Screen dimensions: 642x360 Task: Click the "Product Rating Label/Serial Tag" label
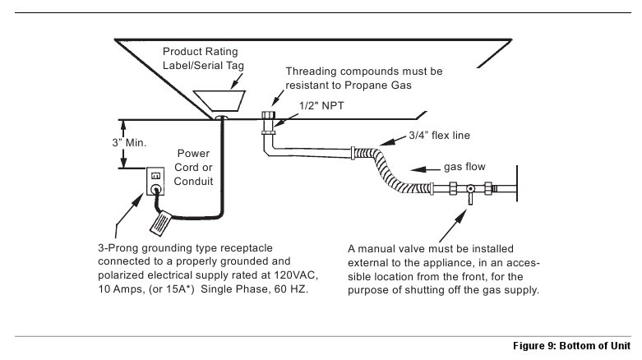[203, 58]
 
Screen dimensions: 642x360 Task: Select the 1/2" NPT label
[321, 106]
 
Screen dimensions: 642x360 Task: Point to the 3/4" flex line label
[439, 135]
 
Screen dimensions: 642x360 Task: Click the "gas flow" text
[464, 167]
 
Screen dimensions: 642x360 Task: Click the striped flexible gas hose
[389, 170]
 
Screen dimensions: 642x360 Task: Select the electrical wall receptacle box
[155, 181]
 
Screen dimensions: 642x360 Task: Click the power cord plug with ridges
[160, 224]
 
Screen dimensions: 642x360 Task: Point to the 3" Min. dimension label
[129, 142]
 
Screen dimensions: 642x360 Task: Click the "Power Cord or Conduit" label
[193, 167]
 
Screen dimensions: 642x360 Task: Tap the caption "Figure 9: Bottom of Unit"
[571, 346]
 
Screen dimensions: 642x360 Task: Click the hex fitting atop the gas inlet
[268, 114]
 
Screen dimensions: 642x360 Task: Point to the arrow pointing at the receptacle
[129, 216]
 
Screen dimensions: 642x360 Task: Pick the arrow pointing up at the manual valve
[453, 226]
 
